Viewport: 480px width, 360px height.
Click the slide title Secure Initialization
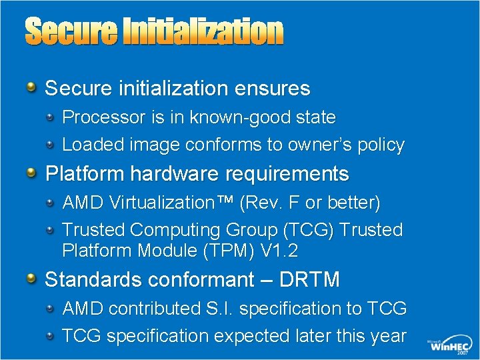point(154,32)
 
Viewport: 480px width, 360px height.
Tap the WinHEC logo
point(448,345)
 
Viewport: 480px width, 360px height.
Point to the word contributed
point(157,309)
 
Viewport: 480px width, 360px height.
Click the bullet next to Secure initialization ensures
point(32,88)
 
